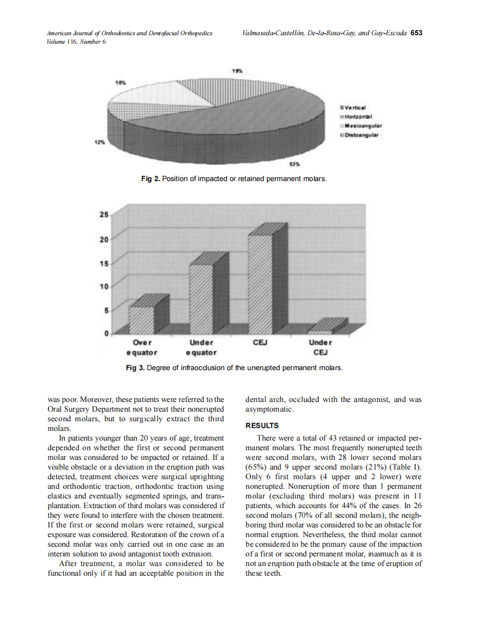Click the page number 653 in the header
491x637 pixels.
(416, 33)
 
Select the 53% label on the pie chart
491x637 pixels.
(294, 165)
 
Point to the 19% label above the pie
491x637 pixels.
(238, 71)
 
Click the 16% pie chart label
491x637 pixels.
(120, 82)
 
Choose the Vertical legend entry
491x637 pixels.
(354, 107)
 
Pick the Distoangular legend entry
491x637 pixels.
(359, 135)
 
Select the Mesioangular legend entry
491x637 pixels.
(360, 125)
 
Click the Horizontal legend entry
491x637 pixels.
(357, 116)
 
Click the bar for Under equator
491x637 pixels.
(201, 297)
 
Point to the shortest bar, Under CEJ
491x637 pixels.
(320, 331)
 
